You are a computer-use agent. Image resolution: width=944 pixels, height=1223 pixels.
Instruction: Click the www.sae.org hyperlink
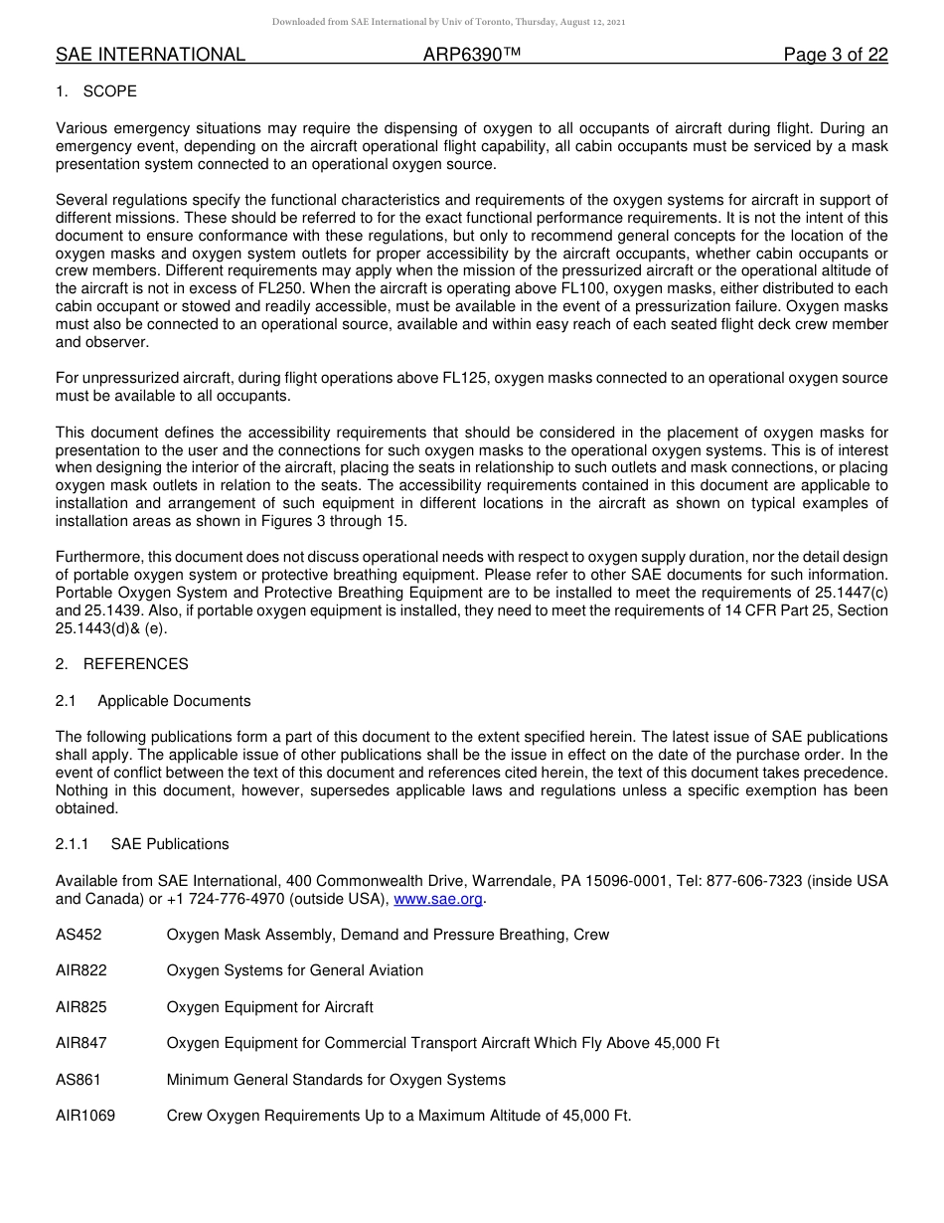[438, 899]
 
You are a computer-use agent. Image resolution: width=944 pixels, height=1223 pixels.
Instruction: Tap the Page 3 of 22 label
[835, 55]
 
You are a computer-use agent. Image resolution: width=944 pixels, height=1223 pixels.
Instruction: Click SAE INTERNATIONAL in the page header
[150, 55]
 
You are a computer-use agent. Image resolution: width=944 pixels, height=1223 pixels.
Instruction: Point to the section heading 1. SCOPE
[96, 91]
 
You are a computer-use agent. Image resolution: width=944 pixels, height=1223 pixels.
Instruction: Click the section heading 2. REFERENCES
[121, 664]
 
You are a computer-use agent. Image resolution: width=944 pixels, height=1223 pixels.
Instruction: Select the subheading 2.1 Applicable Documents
[153, 701]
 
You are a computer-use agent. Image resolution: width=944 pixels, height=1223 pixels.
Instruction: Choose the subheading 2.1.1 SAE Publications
[142, 844]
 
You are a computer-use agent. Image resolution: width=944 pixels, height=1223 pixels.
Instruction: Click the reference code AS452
[79, 935]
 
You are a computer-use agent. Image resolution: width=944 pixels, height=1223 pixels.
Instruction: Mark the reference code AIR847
[81, 1043]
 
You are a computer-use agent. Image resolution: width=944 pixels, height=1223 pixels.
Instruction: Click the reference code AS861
[79, 1080]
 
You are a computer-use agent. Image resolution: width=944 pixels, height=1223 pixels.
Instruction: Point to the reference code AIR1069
[85, 1116]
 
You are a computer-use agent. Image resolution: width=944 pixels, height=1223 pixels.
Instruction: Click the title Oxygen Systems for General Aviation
[294, 970]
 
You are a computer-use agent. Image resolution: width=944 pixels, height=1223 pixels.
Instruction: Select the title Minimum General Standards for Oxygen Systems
[336, 1080]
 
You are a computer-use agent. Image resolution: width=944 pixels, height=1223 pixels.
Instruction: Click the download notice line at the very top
[448, 22]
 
